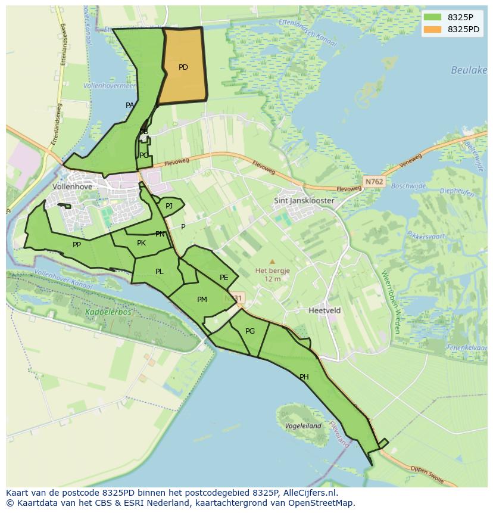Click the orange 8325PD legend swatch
tap(433, 29)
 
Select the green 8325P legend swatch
tap(433, 17)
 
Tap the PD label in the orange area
tap(183, 67)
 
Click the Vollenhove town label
tap(73, 186)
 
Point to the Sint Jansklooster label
tap(304, 201)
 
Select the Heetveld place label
tap(324, 310)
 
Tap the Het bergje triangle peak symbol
tap(272, 262)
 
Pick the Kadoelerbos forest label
tap(108, 312)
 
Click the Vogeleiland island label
tap(302, 426)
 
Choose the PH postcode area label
tap(304, 377)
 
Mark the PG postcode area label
tap(250, 331)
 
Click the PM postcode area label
tap(202, 300)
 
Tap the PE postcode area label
tap(224, 278)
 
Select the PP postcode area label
tap(77, 245)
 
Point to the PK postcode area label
tap(141, 243)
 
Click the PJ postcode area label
tap(169, 206)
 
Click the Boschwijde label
tap(409, 186)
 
